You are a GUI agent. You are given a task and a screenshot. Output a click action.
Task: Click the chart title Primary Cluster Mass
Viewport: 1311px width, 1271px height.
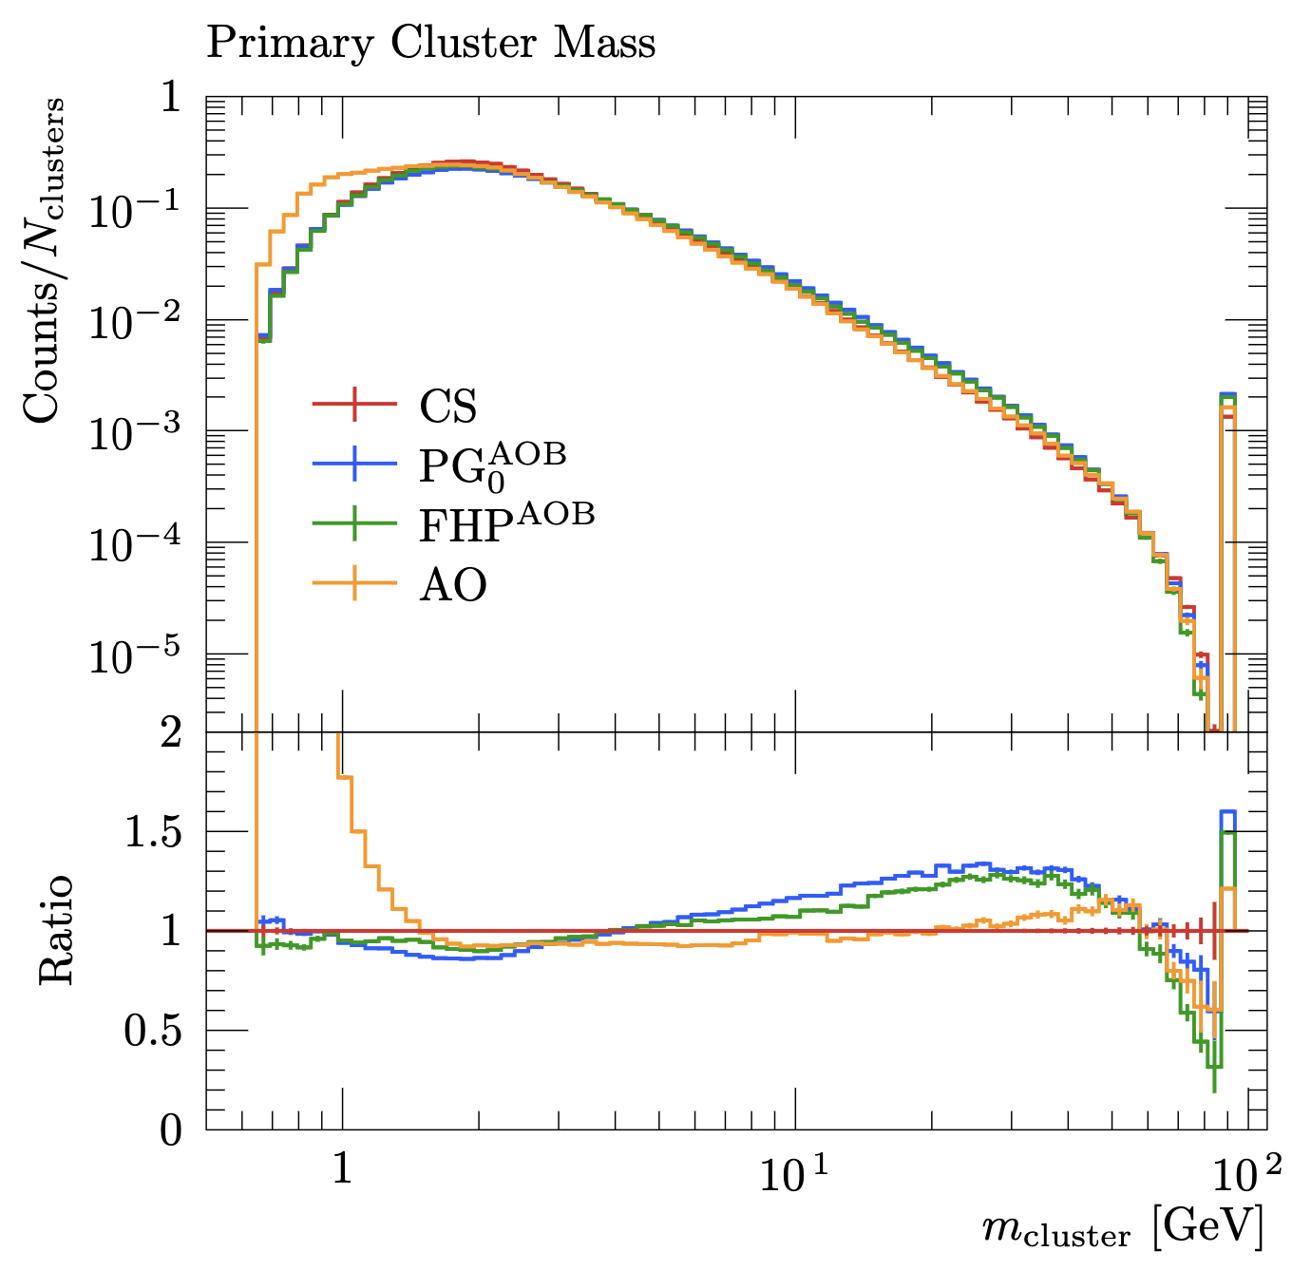(430, 45)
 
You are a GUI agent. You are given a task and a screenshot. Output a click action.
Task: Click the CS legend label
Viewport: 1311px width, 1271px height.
(448, 406)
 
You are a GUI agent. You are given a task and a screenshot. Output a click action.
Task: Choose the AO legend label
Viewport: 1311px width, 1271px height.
(453, 584)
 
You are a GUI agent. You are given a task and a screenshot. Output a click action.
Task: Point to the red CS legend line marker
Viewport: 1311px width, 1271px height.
(354, 404)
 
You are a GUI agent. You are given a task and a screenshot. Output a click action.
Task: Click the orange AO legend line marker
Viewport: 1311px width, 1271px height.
(354, 582)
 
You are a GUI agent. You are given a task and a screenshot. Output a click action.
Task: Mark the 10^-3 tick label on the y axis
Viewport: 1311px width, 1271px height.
(135, 432)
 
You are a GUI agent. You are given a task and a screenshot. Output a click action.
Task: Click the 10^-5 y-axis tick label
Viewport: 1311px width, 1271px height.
(135, 654)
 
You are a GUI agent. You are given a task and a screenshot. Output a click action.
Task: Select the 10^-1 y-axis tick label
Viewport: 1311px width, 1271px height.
(135, 210)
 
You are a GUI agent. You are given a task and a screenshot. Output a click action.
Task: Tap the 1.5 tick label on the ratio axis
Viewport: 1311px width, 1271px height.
(154, 832)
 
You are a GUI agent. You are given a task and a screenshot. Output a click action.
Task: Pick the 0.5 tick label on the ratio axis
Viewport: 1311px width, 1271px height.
(154, 1032)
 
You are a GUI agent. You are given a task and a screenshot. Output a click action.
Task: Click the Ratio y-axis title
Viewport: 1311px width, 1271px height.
(55, 930)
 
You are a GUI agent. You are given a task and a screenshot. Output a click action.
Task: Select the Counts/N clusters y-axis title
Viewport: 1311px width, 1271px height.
(45, 260)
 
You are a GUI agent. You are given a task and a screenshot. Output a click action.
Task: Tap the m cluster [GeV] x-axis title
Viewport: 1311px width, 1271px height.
(1122, 1232)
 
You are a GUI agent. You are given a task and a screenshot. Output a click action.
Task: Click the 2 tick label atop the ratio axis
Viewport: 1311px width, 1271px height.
(171, 732)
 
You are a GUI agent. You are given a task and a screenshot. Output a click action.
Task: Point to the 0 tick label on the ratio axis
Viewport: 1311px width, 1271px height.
(171, 1131)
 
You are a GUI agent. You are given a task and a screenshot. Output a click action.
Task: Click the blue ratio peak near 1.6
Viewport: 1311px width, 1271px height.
(1227, 811)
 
